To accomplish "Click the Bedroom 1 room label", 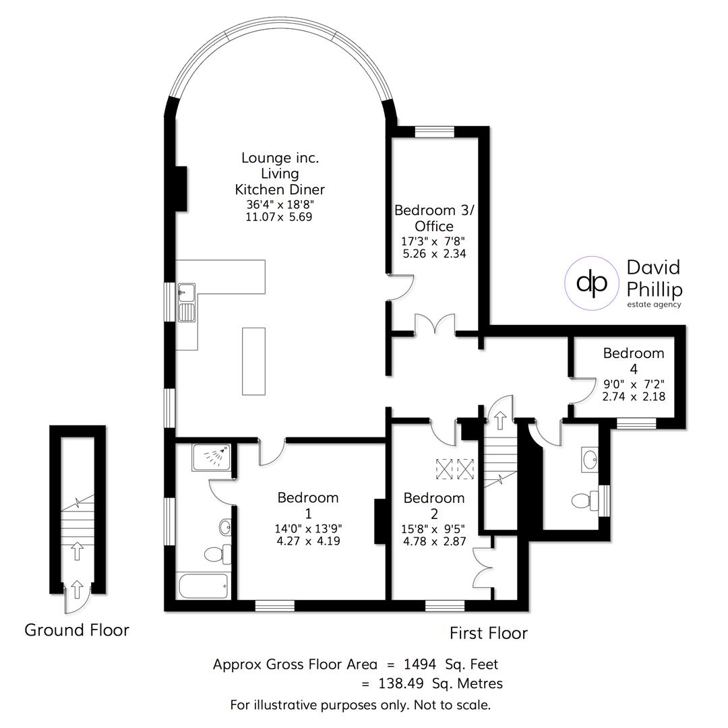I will coord(308,505).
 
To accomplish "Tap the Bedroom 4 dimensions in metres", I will coord(634,396).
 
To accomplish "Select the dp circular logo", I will coord(592,283).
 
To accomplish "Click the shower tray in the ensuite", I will coord(211,458).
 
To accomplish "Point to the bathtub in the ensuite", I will coord(204,585).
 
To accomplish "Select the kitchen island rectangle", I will coord(253,361).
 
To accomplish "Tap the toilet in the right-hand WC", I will coord(583,501).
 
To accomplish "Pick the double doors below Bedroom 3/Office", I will coord(435,325).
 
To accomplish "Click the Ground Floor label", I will coord(77,630).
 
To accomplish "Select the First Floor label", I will coord(489,634).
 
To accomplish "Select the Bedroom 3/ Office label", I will coord(434,218).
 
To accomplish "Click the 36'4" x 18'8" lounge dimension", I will coord(280,204).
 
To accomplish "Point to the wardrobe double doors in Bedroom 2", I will coord(483,570).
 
